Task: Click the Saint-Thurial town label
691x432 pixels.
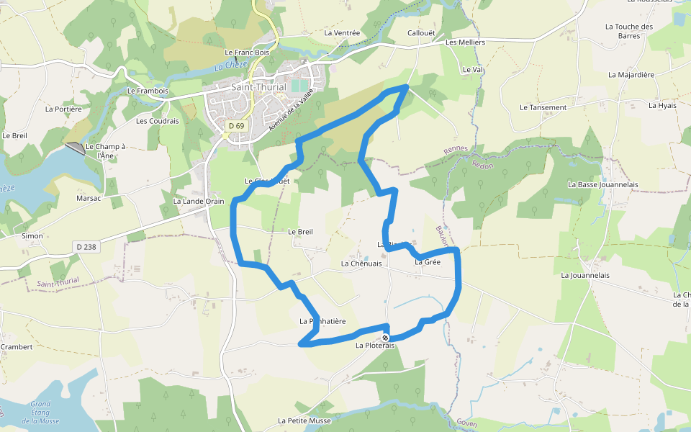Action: click(x=258, y=87)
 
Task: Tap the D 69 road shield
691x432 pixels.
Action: click(x=235, y=126)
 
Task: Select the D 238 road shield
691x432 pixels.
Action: click(x=85, y=247)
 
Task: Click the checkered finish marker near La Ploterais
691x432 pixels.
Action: click(x=386, y=338)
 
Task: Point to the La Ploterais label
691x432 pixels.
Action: click(x=375, y=346)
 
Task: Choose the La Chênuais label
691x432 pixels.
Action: click(x=361, y=264)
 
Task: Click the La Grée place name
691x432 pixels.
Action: click(x=427, y=262)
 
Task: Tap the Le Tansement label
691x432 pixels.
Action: click(x=543, y=108)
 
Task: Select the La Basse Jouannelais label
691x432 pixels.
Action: click(x=602, y=184)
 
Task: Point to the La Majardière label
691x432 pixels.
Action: click(x=631, y=74)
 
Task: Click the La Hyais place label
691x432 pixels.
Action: click(x=662, y=105)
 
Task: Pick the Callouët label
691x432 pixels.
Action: click(x=422, y=33)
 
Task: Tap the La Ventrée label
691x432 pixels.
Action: click(x=342, y=33)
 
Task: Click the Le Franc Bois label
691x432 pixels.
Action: click(x=246, y=53)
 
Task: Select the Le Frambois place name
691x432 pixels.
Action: click(x=148, y=91)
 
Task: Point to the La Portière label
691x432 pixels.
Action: click(x=63, y=109)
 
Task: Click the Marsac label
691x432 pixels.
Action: click(x=89, y=198)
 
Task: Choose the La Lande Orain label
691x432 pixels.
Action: click(x=199, y=202)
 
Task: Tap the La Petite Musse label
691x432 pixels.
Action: click(x=304, y=420)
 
